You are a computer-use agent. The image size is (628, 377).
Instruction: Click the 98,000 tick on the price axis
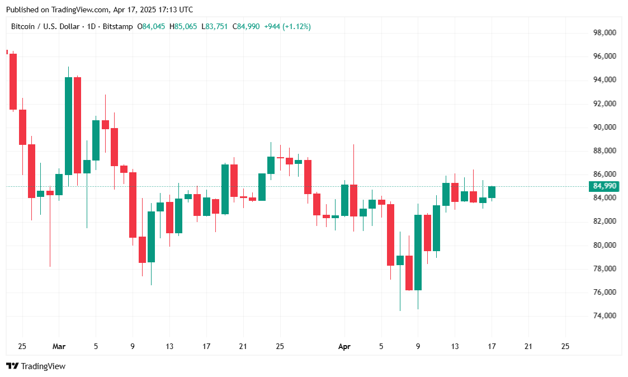[604, 33]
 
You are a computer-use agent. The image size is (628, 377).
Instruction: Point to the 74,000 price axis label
[604, 316]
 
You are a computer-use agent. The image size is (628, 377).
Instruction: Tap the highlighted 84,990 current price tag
[605, 186]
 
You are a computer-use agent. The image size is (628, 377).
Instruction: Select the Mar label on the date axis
[59, 346]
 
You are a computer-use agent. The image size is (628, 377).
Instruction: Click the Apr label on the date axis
[344, 346]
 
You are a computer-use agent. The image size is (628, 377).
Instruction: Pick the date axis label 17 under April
[492, 346]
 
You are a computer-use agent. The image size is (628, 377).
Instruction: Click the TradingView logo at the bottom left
[36, 366]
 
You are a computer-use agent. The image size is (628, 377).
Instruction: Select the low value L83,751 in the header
[215, 26]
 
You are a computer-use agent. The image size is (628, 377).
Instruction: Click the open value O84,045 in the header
[151, 26]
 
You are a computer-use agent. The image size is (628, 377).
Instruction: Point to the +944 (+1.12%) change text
[287, 26]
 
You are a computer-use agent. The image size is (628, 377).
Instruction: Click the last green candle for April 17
[492, 192]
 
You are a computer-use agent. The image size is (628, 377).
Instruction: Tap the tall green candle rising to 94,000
[68, 126]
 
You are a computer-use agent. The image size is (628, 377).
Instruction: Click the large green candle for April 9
[418, 252]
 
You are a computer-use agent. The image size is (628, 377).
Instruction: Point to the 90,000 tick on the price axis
[604, 128]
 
